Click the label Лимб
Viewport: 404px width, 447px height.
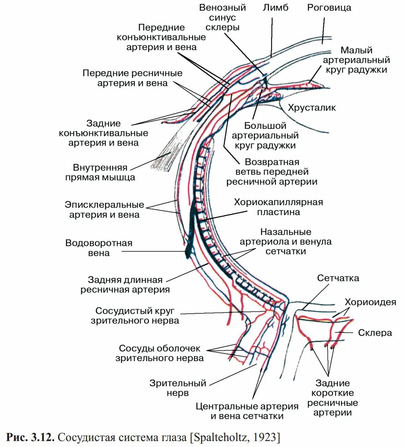click(275, 8)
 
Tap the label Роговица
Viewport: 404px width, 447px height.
click(329, 8)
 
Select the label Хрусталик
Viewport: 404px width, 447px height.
click(312, 107)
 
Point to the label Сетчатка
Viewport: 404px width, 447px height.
click(338, 278)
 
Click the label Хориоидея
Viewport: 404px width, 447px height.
click(370, 302)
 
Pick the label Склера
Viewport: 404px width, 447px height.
click(375, 332)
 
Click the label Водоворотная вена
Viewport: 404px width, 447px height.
click(99, 247)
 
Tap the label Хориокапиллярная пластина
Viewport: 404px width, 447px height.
click(278, 207)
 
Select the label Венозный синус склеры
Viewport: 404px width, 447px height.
click(222, 18)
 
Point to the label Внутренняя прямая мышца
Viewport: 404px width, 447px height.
click(100, 172)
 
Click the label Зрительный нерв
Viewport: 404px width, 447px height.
click(178, 388)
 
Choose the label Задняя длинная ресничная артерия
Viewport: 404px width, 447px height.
click(125, 284)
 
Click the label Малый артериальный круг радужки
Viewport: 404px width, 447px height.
click(356, 60)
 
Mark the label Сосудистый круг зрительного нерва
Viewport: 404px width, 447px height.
click(137, 315)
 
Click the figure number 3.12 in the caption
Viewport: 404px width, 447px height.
click(42, 437)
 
